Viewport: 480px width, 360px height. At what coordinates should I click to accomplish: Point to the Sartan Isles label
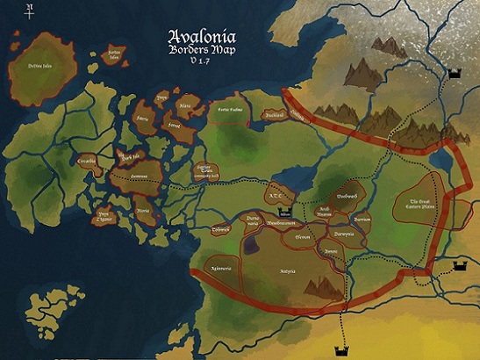click(x=114, y=54)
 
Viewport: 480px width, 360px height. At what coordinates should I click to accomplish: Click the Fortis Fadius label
click(x=230, y=110)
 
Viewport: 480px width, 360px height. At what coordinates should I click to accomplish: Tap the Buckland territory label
click(x=275, y=115)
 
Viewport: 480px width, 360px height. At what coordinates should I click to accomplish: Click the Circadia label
click(x=86, y=162)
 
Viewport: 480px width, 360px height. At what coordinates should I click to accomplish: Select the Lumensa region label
click(x=139, y=176)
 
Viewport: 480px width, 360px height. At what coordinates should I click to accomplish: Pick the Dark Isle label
click(x=129, y=158)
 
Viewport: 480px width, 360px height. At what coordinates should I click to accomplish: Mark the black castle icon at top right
click(x=455, y=76)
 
